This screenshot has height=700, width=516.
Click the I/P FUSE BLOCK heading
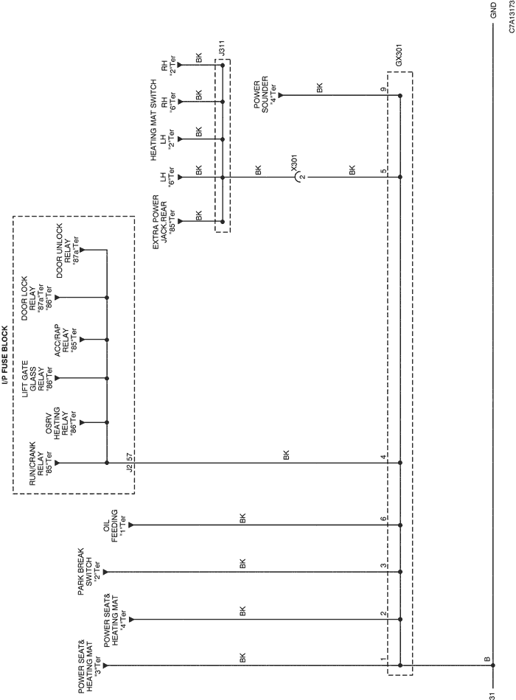pos(4,355)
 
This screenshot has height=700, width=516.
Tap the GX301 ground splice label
pos(399,55)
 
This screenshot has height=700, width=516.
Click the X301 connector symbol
pos(298,178)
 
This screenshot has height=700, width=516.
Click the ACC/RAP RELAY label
pos(62,340)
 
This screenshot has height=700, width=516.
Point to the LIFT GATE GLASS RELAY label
pos(33,379)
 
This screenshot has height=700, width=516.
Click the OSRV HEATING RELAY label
pos(57,423)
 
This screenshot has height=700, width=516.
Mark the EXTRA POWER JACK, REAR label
pos(160,222)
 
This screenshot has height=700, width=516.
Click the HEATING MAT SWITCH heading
pos(153,119)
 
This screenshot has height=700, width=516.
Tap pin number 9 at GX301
pos(383,90)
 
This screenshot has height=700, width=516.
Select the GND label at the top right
pos(493,10)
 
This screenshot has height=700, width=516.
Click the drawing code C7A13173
pos(511,16)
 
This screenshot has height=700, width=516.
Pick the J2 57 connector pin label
pos(130,462)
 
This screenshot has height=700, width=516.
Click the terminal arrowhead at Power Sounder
pos(280,95)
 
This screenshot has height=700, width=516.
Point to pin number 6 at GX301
pos(383,519)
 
